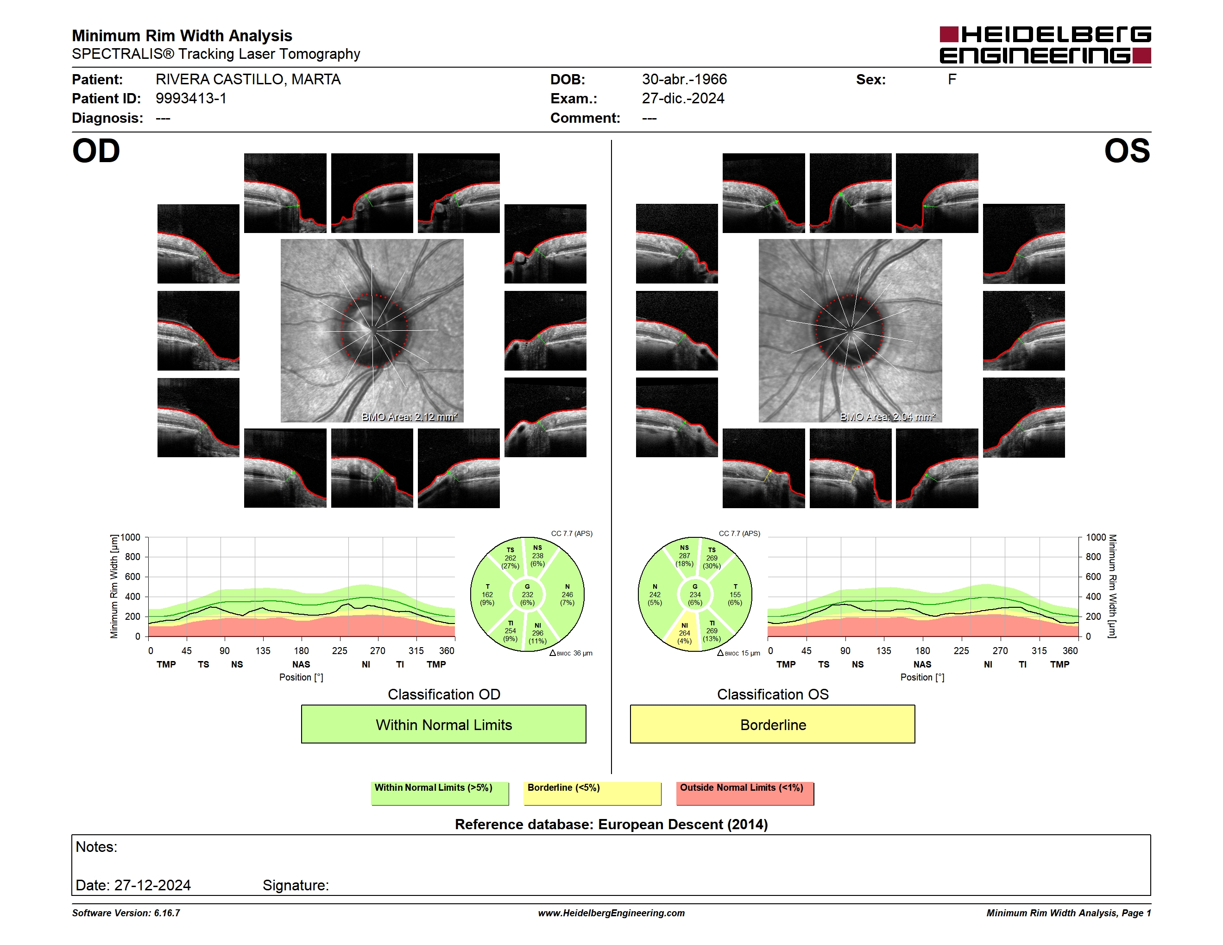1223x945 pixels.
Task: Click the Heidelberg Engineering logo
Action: pyautogui.click(x=1045, y=45)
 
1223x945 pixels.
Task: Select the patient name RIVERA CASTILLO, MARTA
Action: pyautogui.click(x=248, y=80)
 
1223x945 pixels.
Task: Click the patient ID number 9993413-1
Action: pyautogui.click(x=191, y=99)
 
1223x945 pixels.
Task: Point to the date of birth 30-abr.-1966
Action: pyautogui.click(x=684, y=80)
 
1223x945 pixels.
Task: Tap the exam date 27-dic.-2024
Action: pyautogui.click(x=683, y=99)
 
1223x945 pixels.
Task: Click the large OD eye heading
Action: pyautogui.click(x=96, y=151)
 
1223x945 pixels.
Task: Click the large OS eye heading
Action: pyautogui.click(x=1127, y=151)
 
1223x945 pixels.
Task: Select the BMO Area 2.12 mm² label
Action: pyautogui.click(x=410, y=416)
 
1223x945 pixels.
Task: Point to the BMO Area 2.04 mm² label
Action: pyautogui.click(x=888, y=416)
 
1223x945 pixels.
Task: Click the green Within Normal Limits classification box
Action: pyautogui.click(x=443, y=724)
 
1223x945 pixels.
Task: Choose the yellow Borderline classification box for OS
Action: pyautogui.click(x=773, y=724)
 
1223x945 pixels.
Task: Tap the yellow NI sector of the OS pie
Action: pyautogui.click(x=684, y=633)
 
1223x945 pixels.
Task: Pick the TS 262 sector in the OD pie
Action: pyautogui.click(x=509, y=558)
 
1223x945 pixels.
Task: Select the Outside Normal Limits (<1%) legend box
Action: pyautogui.click(x=745, y=793)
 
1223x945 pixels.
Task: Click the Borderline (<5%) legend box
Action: pyautogui.click(x=592, y=793)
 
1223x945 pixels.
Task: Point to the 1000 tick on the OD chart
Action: pyautogui.click(x=131, y=537)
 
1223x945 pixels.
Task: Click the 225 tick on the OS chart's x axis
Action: pyautogui.click(x=961, y=650)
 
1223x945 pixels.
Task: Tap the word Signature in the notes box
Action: pyautogui.click(x=296, y=885)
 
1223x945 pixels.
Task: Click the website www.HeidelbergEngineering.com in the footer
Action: pyautogui.click(x=611, y=913)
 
